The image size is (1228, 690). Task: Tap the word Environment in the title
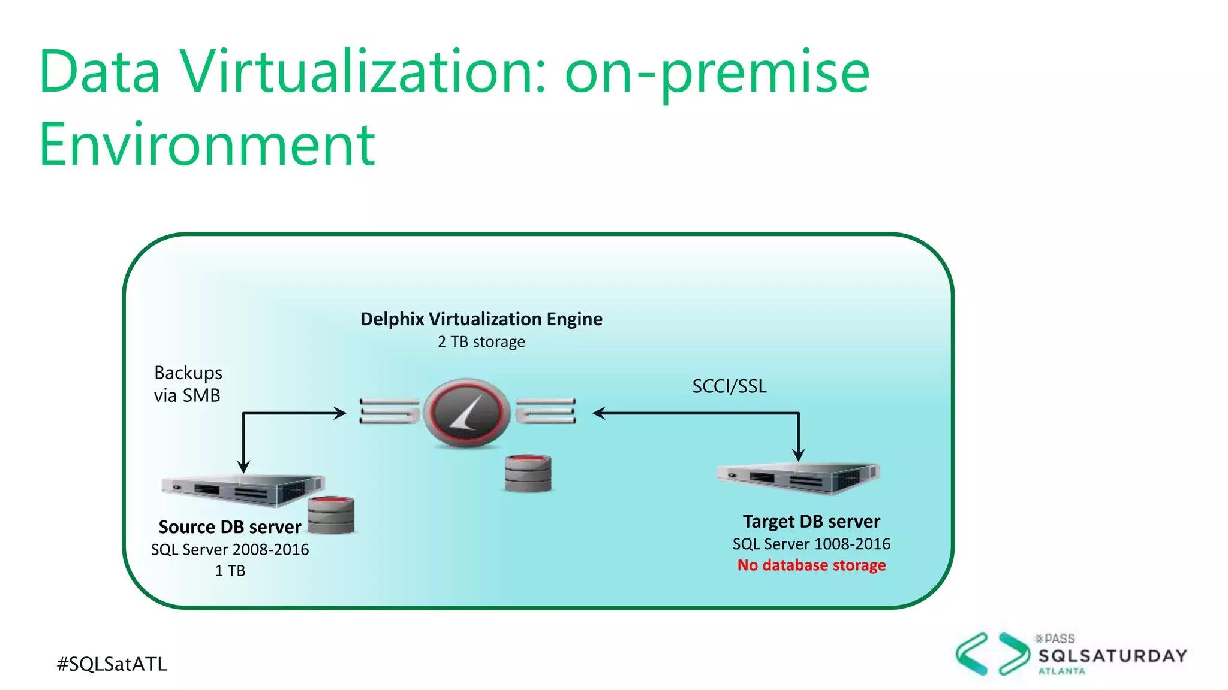click(207, 145)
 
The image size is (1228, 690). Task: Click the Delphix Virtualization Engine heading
click(481, 319)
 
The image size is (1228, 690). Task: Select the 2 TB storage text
click(481, 342)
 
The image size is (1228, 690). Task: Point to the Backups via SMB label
click(188, 384)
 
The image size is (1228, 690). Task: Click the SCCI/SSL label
click(729, 386)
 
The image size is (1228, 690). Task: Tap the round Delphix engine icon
click(466, 413)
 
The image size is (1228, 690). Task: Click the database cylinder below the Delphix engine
click(528, 473)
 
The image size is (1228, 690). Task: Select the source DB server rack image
click(243, 490)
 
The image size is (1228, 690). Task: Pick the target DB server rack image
click(797, 477)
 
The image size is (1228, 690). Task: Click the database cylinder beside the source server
click(330, 515)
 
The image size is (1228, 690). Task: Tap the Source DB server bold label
click(230, 527)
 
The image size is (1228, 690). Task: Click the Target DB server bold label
click(811, 522)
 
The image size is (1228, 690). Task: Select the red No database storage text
click(811, 565)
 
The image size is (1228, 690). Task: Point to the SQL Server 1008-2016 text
click(811, 544)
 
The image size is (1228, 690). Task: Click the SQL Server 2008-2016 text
click(230, 549)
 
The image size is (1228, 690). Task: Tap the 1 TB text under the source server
click(230, 571)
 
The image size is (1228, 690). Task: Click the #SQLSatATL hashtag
click(112, 664)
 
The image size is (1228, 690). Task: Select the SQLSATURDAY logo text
click(1112, 656)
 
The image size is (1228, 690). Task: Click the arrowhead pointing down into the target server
click(798, 456)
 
